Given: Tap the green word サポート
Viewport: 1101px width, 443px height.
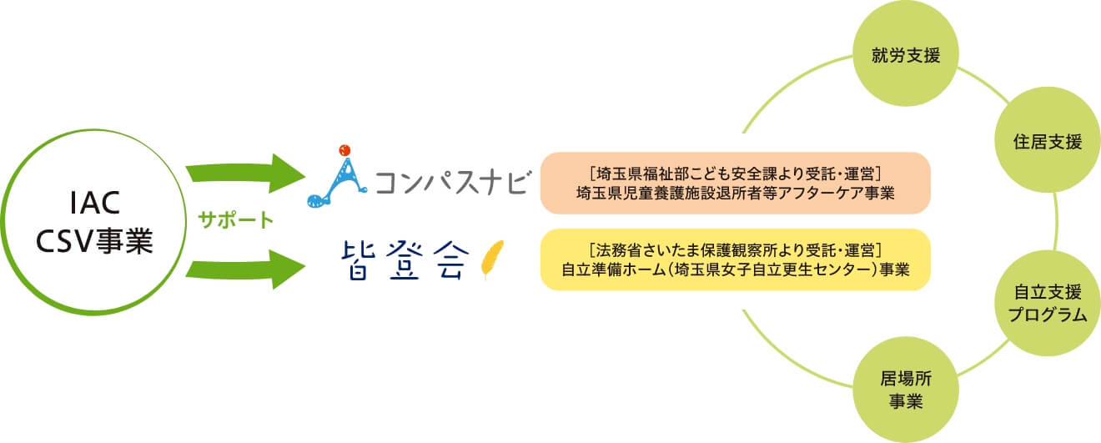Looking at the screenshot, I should click(x=236, y=221).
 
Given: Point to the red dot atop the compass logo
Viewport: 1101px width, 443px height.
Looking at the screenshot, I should click(x=342, y=151).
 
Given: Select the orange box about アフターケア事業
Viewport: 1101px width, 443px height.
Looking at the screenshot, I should click(x=735, y=183).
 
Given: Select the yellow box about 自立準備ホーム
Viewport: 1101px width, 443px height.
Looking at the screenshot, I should click(x=735, y=259).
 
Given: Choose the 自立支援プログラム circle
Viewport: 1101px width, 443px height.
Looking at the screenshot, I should click(x=1049, y=304).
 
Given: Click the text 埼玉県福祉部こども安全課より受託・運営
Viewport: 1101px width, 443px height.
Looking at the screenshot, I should click(x=735, y=173).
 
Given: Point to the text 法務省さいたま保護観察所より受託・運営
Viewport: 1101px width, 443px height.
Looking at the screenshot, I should click(x=735, y=249).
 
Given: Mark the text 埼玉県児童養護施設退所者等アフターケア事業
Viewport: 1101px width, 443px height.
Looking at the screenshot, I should click(x=735, y=194).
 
